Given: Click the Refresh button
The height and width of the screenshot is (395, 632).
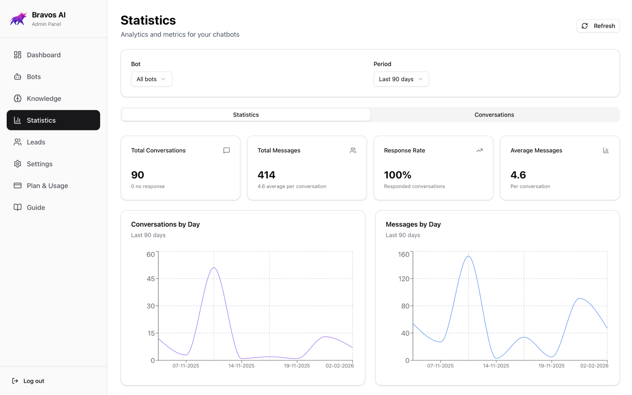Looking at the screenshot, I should pos(598,26).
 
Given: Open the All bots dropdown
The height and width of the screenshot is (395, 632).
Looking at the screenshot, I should pos(151,79).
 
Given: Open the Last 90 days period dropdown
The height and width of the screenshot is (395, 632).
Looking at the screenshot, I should pos(401,79).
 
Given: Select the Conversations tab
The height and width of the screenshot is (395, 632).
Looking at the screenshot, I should pos(494,115).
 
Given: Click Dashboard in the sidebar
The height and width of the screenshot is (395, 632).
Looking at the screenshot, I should pos(44,55).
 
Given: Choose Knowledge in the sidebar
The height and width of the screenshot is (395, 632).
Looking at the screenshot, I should pos(44,98).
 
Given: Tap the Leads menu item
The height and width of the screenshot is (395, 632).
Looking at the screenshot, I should pos(36,142).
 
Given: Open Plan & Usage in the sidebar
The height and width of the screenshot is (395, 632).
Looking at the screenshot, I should pos(47,186).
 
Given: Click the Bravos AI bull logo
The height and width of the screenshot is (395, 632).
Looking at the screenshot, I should pos(18,19).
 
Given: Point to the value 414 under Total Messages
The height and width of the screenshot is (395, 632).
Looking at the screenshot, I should pos(266,175).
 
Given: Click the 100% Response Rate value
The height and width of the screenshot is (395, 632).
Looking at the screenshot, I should pos(397,175).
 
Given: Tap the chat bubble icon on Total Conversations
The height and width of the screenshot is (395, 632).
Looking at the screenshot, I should pos(227,150).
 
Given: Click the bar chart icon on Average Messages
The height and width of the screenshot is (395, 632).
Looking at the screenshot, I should pos(606,150).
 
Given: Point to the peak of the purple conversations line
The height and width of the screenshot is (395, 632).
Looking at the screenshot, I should pos(214,268).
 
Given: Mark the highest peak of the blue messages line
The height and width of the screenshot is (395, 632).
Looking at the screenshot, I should pos(468,256).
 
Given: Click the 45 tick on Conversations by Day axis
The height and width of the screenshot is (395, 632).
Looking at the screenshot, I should pos(151,279).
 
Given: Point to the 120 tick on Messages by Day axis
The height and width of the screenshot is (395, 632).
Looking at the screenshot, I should pos(404,279).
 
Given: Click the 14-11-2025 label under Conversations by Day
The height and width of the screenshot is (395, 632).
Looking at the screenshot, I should pos(241,366).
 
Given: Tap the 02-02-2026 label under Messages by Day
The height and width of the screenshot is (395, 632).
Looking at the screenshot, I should pos(594,366).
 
